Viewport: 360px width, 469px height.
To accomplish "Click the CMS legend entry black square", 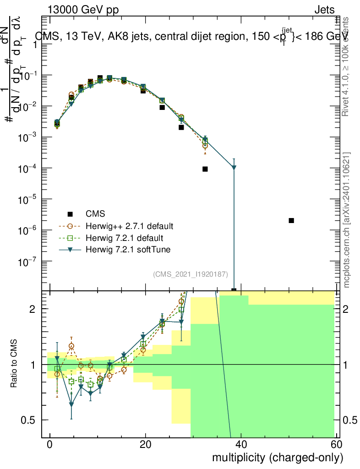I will click(70, 214).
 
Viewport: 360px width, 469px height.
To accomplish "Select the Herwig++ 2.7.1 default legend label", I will click(129, 226).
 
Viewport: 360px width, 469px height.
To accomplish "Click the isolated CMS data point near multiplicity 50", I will click(291, 220).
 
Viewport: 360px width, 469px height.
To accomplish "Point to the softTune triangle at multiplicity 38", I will click(234, 168).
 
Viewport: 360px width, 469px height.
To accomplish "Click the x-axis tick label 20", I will click(145, 446).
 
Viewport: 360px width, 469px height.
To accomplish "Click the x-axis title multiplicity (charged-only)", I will click(278, 457).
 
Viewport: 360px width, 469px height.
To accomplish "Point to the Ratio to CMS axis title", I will click(14, 364).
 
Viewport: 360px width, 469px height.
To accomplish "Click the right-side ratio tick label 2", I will click(346, 309).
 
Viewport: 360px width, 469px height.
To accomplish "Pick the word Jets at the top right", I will click(324, 10).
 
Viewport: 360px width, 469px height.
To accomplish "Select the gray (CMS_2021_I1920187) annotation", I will click(191, 274).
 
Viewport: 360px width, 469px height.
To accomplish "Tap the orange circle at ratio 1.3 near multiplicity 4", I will click(71, 346).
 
